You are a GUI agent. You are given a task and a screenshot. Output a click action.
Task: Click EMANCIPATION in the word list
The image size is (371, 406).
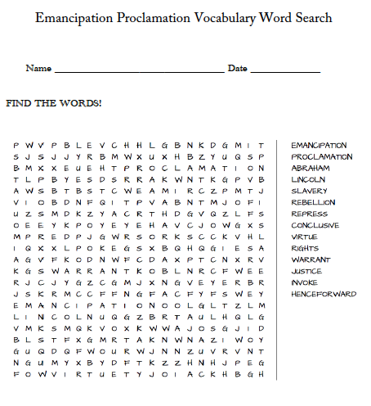pyautogui.click(x=320, y=145)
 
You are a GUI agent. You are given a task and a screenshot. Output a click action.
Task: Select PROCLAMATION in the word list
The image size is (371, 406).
pyautogui.click(x=322, y=156)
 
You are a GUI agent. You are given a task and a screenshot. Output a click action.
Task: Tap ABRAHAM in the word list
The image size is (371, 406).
pyautogui.click(x=311, y=168)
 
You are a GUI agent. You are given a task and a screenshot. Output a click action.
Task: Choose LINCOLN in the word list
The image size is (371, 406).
pyautogui.click(x=308, y=179)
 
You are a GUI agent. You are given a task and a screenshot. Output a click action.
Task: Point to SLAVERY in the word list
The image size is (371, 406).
pyautogui.click(x=309, y=191)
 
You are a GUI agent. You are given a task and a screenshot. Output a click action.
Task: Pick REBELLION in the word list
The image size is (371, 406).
pyautogui.click(x=313, y=202)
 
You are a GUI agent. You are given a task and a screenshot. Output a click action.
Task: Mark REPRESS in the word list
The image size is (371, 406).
pyautogui.click(x=309, y=214)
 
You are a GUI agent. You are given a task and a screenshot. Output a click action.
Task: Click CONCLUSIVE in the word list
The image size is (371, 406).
pyautogui.click(x=315, y=225)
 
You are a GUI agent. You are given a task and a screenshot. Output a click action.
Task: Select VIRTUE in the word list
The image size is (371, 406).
pyautogui.click(x=306, y=237)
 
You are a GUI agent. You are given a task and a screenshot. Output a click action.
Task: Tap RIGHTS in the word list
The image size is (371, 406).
pyautogui.click(x=305, y=248)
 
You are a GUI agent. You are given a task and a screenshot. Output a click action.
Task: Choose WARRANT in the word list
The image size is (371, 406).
pyautogui.click(x=310, y=259)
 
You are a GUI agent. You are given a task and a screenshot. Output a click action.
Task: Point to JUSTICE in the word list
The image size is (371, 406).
pyautogui.click(x=306, y=271)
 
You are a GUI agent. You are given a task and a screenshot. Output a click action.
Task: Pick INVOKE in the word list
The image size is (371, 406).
pyautogui.click(x=305, y=282)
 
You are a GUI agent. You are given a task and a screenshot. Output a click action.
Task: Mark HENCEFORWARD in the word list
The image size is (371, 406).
pyautogui.click(x=324, y=294)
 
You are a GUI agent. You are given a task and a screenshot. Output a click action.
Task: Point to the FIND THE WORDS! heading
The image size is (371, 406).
pyautogui.click(x=54, y=103)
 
